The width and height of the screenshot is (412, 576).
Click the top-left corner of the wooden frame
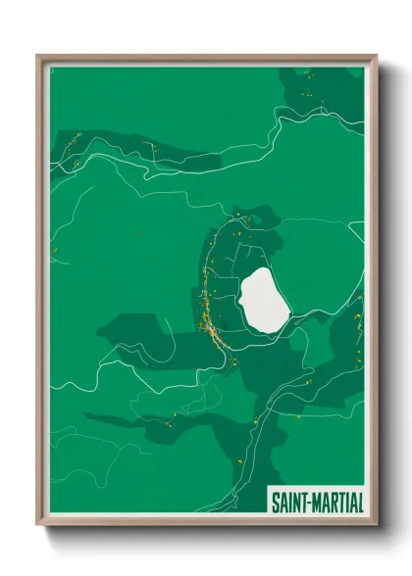(38, 56)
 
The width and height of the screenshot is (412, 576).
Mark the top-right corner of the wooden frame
(376, 56)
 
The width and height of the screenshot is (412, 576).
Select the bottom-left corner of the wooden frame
(38, 526)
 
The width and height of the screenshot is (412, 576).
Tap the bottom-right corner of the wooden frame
(376, 526)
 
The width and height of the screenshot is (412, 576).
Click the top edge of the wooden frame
(206, 57)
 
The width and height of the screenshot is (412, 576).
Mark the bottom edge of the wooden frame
(206, 524)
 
